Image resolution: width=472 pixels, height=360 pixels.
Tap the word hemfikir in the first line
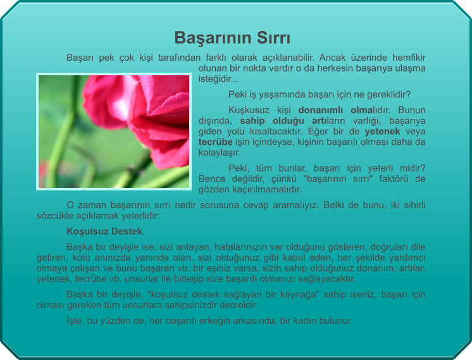coord(409,57)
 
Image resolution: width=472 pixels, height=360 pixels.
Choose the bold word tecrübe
coord(215,142)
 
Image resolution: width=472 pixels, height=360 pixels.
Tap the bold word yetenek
coord(382,132)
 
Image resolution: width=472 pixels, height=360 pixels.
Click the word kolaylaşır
coord(220,152)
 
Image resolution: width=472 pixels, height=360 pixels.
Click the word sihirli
coord(414,205)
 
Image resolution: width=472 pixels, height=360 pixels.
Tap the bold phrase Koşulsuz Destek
coord(104,232)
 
